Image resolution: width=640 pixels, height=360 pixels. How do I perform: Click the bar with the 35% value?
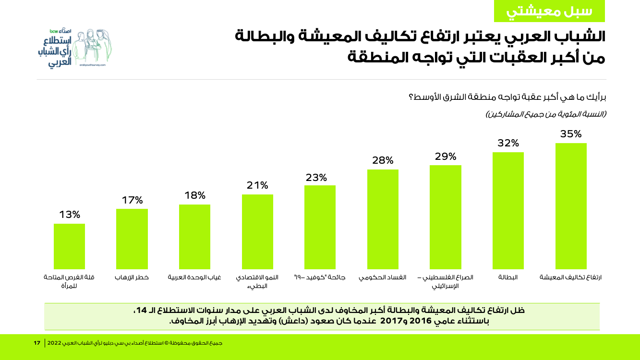pyautogui.click(x=571, y=206)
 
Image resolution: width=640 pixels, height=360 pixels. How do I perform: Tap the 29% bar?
pyautogui.click(x=446, y=217)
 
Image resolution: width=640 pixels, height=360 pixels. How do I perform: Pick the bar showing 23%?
pyautogui.click(x=320, y=227)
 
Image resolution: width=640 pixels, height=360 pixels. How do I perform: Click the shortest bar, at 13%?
pyautogui.click(x=69, y=246)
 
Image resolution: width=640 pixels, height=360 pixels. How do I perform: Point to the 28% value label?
pyautogui.click(x=383, y=160)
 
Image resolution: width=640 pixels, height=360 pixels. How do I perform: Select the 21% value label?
pyautogui.click(x=257, y=185)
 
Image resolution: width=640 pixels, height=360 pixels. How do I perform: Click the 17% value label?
pyautogui.click(x=132, y=200)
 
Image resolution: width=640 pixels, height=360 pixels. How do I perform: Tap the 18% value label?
pyautogui.click(x=195, y=195)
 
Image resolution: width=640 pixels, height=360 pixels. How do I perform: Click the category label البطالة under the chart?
pyautogui.click(x=508, y=277)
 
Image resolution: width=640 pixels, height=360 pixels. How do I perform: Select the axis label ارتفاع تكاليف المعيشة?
pyautogui.click(x=571, y=277)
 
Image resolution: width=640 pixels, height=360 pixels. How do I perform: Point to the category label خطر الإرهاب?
pyautogui.click(x=132, y=277)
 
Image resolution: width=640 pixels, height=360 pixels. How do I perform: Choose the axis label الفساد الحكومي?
pyautogui.click(x=383, y=277)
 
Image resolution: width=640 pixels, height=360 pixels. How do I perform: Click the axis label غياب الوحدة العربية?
pyautogui.click(x=194, y=277)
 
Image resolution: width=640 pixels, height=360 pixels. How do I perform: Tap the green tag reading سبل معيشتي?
pyautogui.click(x=549, y=12)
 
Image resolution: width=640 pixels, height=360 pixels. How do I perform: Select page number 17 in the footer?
pyautogui.click(x=37, y=343)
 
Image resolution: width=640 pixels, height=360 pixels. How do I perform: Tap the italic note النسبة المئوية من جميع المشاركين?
pyautogui.click(x=546, y=114)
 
